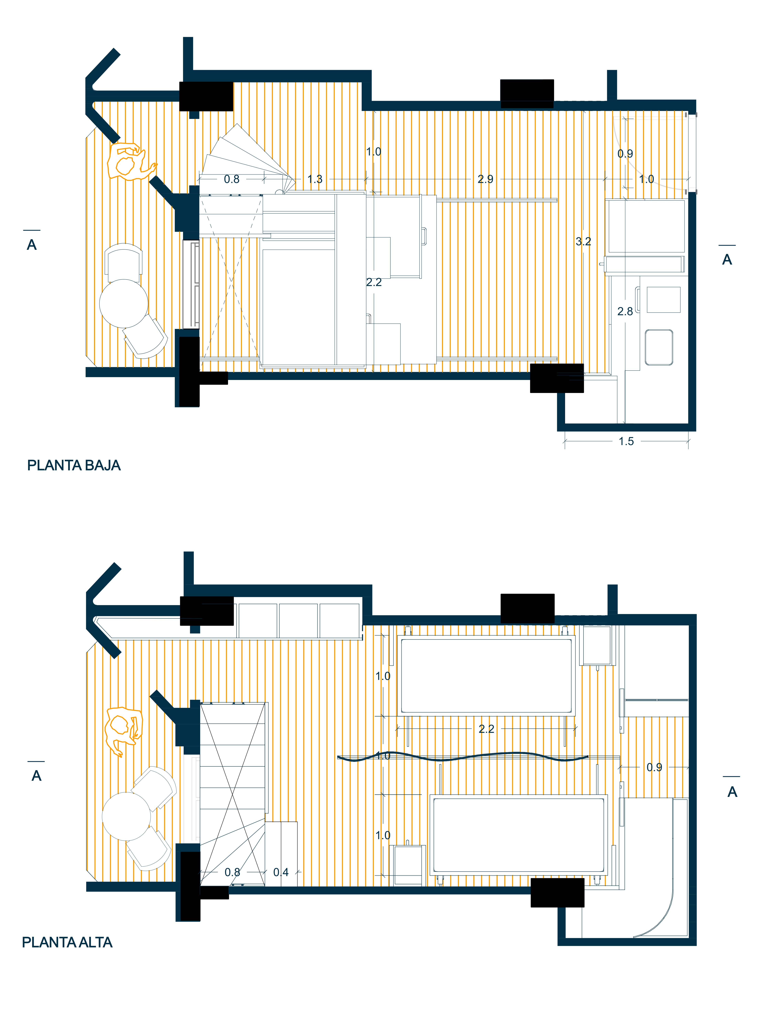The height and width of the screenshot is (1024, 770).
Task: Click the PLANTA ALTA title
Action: tap(67, 942)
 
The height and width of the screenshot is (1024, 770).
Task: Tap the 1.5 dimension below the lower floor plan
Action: tap(626, 441)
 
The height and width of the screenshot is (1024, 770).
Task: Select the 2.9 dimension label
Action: tap(485, 179)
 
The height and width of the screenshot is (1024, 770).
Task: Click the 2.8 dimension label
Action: tap(625, 312)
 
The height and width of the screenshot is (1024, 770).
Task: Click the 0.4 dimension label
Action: tap(281, 872)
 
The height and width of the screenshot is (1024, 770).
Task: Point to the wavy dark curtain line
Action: tap(463, 757)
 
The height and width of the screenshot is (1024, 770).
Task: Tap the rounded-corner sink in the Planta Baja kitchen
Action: tap(659, 347)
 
